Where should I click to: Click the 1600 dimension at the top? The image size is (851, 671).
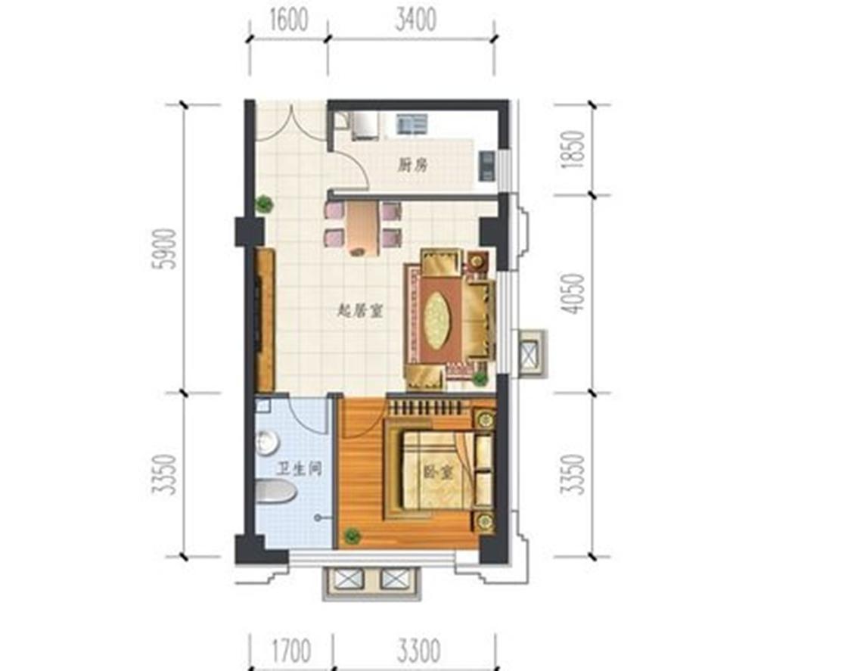click(288, 21)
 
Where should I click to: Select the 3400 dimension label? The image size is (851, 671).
click(415, 20)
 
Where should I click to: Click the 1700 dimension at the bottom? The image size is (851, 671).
click(290, 650)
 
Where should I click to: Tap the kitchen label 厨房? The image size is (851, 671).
click(412, 166)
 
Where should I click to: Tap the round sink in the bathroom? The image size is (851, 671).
click(266, 443)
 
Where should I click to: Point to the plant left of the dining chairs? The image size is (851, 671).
click(263, 203)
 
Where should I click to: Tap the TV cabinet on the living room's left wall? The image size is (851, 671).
click(264, 318)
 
